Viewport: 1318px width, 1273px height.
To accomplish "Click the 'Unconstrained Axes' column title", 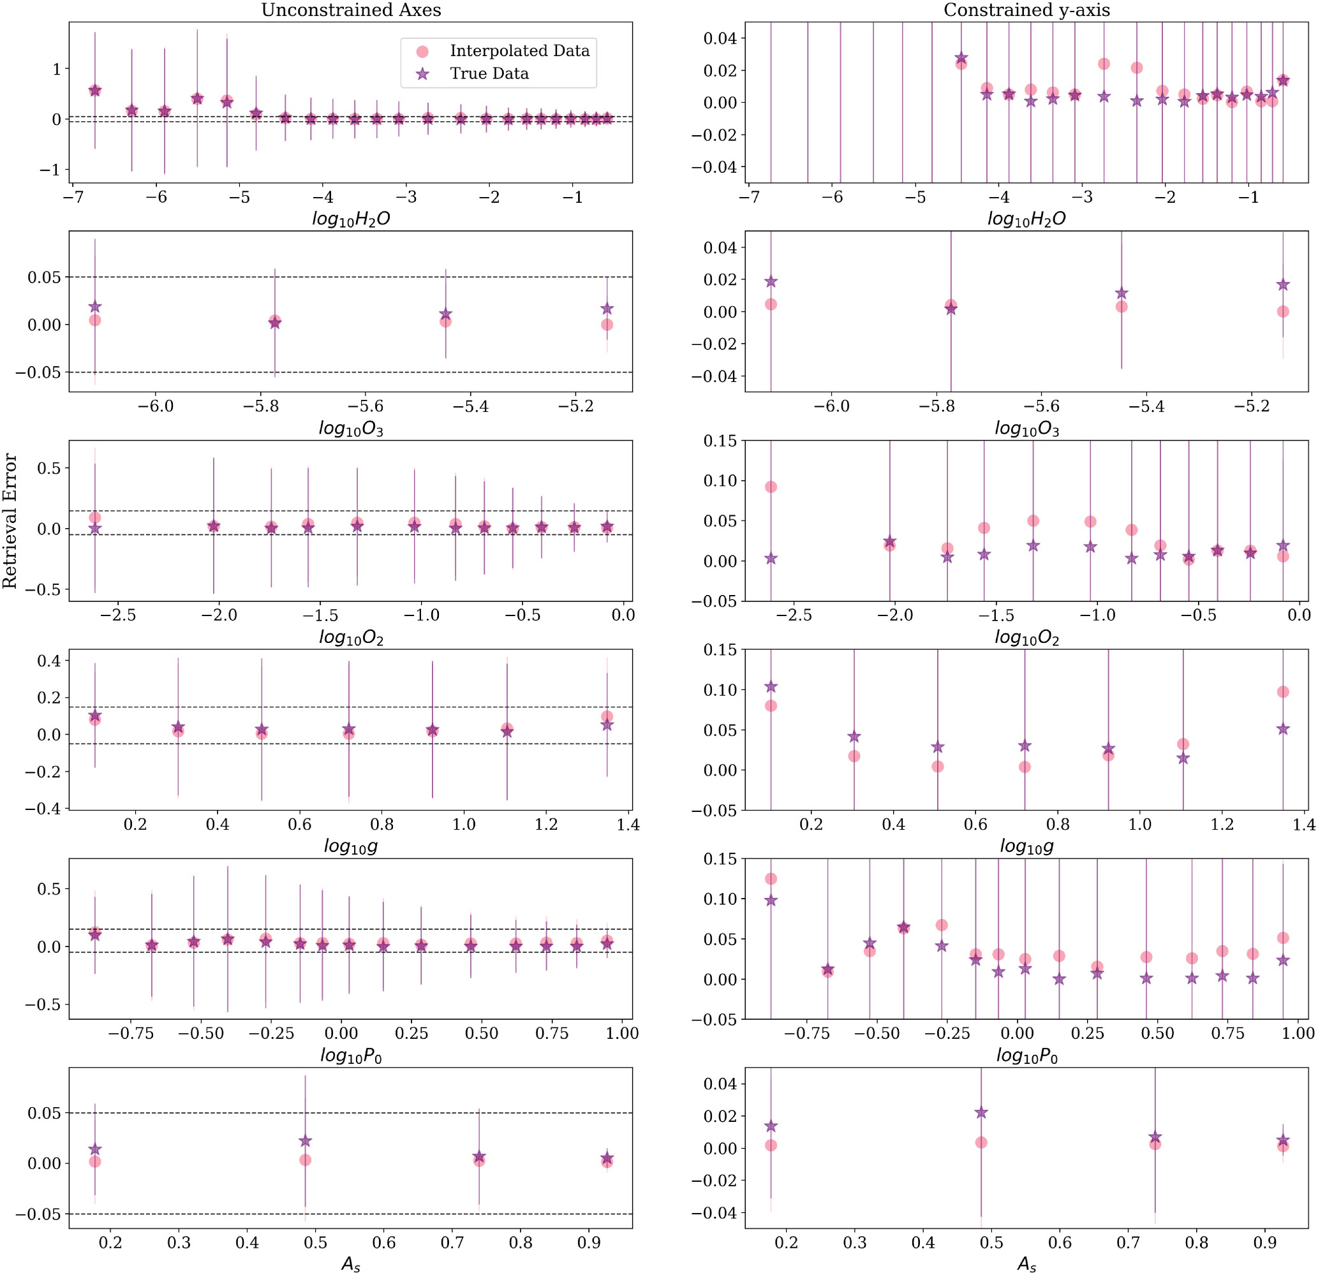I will (351, 10).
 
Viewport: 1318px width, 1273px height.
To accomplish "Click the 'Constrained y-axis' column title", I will (1026, 10).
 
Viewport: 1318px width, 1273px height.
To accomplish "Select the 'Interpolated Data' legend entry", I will (519, 51).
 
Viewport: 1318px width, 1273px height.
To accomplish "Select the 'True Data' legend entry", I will (489, 74).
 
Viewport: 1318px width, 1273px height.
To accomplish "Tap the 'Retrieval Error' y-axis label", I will (10, 521).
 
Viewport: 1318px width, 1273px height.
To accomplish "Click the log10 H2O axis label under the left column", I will (351, 219).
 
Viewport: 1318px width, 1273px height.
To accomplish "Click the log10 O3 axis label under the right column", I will (1026, 428).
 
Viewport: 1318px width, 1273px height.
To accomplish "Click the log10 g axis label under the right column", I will (1026, 846).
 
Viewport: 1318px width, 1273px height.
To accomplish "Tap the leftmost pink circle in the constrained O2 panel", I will (771, 487).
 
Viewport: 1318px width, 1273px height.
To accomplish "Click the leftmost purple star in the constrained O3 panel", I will (771, 282).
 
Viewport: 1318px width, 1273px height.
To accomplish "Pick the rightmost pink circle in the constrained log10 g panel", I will (1282, 691).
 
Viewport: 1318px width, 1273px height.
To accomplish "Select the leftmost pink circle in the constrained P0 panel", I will (771, 878).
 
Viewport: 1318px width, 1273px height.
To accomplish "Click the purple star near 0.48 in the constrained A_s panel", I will (981, 1112).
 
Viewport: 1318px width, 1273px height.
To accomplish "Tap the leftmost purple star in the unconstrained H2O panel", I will (95, 90).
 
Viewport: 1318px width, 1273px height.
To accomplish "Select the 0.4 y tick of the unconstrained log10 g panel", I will (48, 661).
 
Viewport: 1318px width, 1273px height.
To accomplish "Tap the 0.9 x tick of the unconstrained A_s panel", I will (589, 1242).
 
